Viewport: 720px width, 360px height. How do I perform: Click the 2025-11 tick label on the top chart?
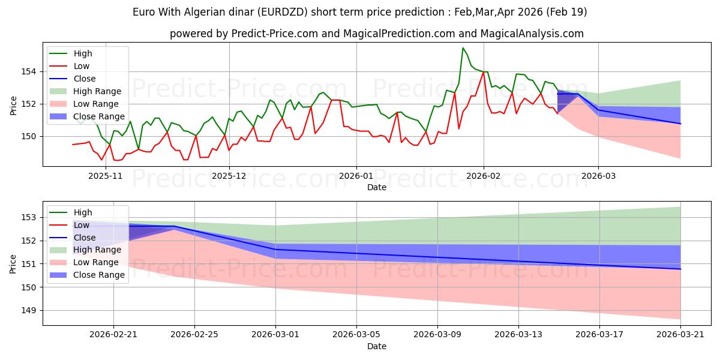(106, 176)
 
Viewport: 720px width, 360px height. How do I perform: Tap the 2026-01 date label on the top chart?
(356, 176)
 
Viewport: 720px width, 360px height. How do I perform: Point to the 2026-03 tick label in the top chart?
(599, 176)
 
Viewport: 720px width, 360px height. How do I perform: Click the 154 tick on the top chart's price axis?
(28, 71)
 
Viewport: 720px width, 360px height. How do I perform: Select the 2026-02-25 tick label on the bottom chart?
(194, 335)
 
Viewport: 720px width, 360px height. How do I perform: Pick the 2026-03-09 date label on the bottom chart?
(437, 335)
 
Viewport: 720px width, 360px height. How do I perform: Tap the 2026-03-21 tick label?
(680, 335)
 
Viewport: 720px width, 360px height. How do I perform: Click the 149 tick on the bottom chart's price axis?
(28, 311)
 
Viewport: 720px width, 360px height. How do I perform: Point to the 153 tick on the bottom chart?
(28, 218)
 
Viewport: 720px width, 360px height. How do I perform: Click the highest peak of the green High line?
(463, 48)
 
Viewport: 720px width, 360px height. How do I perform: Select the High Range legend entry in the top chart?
(85, 91)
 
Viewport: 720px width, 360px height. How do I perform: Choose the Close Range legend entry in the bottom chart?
(87, 275)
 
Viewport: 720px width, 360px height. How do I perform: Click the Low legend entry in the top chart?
(70, 66)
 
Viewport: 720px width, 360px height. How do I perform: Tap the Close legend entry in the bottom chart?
(73, 238)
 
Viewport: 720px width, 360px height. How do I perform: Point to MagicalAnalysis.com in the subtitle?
(532, 34)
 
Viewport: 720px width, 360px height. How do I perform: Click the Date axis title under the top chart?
(377, 187)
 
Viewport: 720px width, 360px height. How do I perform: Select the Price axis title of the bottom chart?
(13, 264)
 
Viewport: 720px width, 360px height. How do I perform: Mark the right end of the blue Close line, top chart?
(680, 124)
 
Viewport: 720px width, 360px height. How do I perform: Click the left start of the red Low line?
(73, 145)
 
